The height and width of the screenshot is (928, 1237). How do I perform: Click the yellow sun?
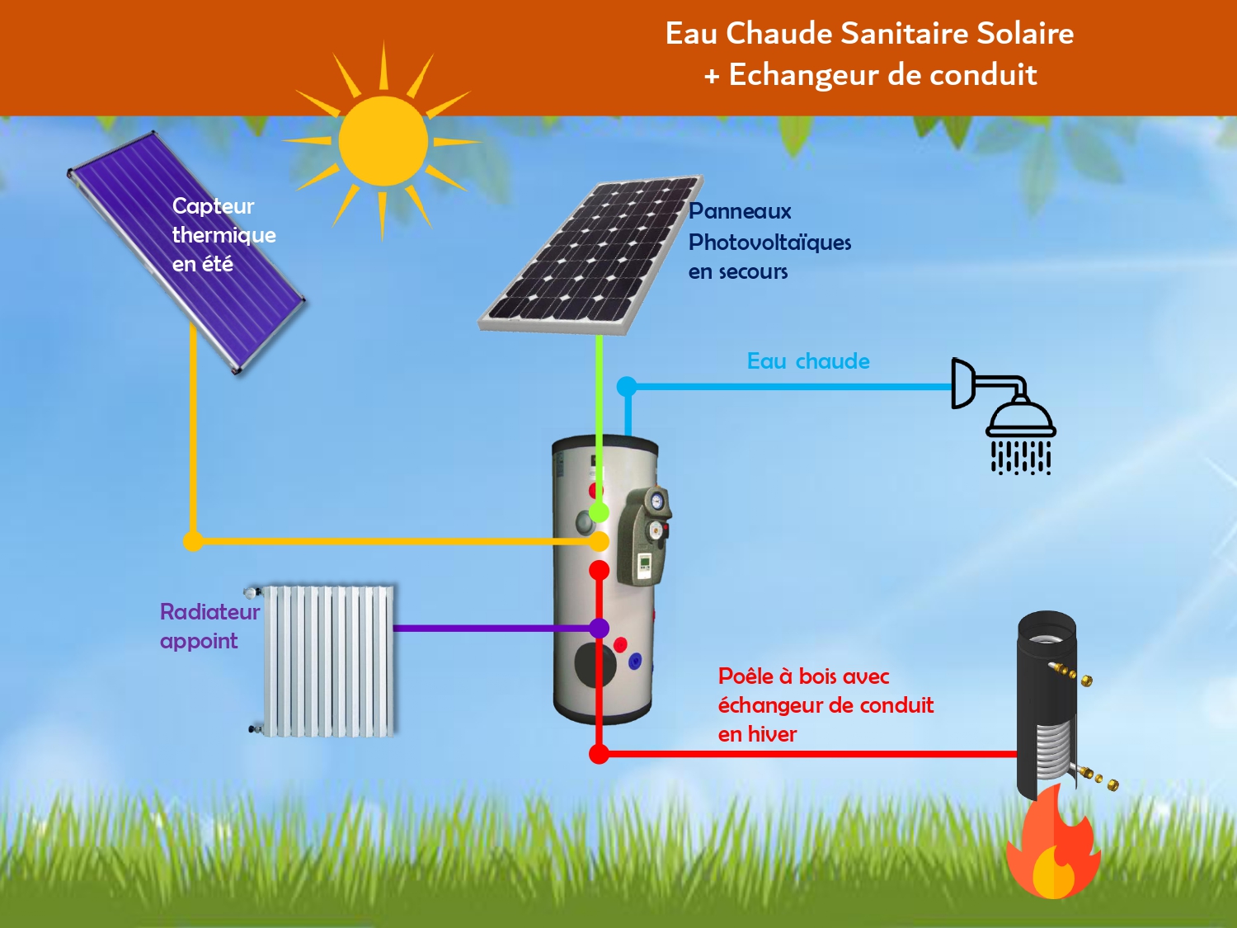point(383,141)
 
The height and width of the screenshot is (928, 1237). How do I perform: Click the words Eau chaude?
point(807,361)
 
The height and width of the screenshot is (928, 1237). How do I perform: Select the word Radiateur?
point(209,612)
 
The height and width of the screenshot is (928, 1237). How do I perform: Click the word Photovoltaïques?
point(769,243)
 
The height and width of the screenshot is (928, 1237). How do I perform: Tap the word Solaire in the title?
point(1024,34)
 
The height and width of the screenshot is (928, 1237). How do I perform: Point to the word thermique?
point(223,235)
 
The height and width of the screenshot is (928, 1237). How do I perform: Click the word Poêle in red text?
point(745,676)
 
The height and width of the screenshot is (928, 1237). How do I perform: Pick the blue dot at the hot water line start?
point(627,386)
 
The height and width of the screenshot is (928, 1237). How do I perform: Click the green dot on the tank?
point(600,512)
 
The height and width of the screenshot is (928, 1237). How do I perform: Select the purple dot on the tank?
point(600,629)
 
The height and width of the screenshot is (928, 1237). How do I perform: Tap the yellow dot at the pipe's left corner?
point(193,541)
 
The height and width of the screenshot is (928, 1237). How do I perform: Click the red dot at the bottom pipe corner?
point(600,753)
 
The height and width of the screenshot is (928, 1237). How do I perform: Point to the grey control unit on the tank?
point(647,536)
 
